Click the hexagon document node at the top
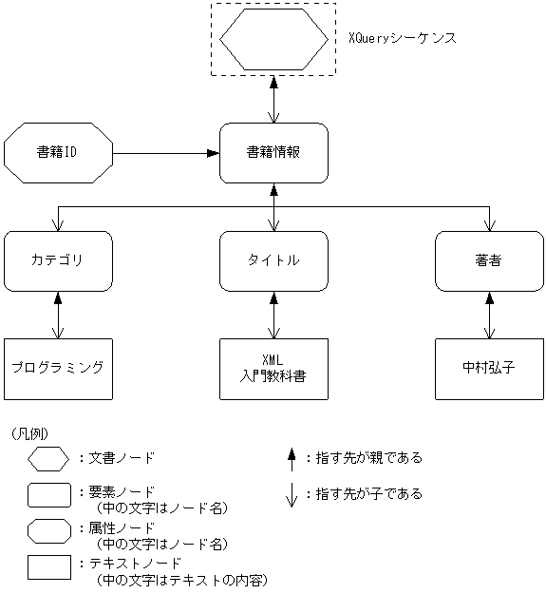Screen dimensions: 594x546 point(273,39)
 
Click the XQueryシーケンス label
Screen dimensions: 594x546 point(403,39)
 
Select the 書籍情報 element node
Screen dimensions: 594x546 point(273,152)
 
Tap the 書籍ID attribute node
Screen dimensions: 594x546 point(58,152)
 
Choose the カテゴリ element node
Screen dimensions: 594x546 point(58,260)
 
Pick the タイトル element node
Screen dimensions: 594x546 point(273,260)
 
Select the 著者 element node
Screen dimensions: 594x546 point(489,260)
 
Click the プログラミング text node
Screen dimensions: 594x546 point(58,368)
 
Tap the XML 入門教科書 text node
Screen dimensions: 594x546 point(273,368)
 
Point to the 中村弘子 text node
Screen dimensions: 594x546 point(489,368)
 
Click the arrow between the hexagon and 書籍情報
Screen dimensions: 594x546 point(273,99)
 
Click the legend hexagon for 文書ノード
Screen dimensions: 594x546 point(48,459)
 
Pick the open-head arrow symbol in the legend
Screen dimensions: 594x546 point(292,494)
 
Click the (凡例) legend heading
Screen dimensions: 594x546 point(29,433)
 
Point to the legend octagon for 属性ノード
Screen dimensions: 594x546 point(48,530)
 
